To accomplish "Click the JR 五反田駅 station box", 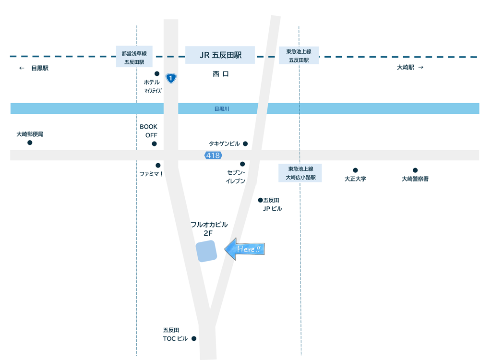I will [x=220, y=55].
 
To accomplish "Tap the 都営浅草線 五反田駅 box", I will [x=134, y=57].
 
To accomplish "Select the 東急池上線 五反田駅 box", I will [x=299, y=56].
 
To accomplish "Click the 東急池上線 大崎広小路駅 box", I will [x=300, y=173].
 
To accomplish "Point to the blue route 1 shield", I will [x=170, y=78].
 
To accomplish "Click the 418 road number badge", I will [x=213, y=156].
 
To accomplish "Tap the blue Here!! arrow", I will [x=245, y=249].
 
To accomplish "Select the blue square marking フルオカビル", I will [x=206, y=251].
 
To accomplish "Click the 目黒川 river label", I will [x=222, y=109].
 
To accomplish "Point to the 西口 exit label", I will [x=221, y=74].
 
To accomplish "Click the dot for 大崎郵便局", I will [x=30, y=143].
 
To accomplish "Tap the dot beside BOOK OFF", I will [x=154, y=144].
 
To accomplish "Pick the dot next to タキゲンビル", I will [x=245, y=144].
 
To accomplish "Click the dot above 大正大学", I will [x=355, y=170].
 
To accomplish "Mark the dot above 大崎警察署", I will [x=415, y=170].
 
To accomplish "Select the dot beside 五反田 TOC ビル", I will [x=194, y=338].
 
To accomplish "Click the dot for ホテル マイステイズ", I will [x=157, y=74].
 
